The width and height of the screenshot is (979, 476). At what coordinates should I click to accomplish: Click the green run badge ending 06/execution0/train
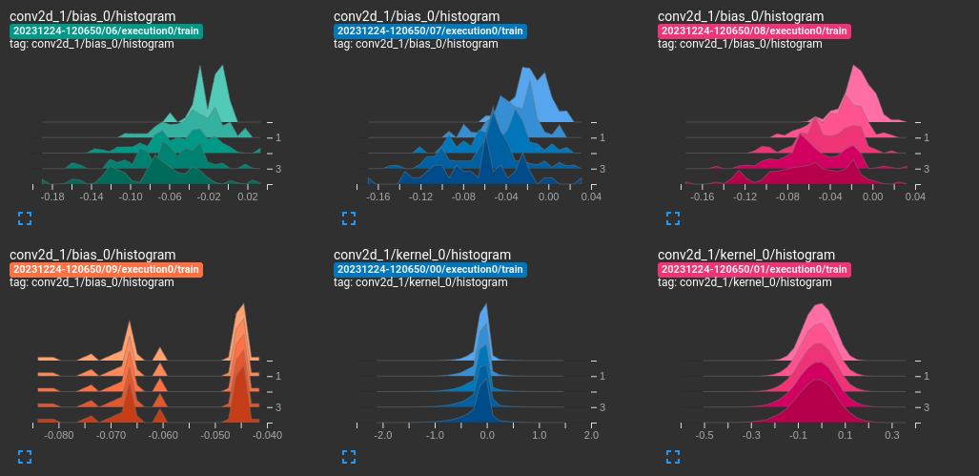pyautogui.click(x=106, y=31)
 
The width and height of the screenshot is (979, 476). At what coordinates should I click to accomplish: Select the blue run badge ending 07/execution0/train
pyautogui.click(x=430, y=31)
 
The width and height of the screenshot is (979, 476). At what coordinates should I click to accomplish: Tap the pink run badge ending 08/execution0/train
pyautogui.click(x=754, y=31)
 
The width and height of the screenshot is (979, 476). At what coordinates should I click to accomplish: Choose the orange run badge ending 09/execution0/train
pyautogui.click(x=106, y=270)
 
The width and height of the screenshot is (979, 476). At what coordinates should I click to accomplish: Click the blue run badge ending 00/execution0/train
pyautogui.click(x=430, y=270)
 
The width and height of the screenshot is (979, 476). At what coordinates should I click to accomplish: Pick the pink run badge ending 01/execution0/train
pyautogui.click(x=754, y=270)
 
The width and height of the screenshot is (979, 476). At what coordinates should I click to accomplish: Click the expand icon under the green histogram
pyautogui.click(x=25, y=218)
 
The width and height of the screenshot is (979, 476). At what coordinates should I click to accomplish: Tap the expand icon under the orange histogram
pyautogui.click(x=25, y=457)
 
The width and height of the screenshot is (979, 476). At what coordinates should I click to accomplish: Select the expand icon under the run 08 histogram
pyautogui.click(x=673, y=218)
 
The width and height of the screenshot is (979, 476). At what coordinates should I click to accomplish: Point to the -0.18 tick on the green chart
pyautogui.click(x=52, y=197)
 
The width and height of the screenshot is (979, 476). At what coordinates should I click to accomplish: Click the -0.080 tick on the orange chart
pyautogui.click(x=59, y=435)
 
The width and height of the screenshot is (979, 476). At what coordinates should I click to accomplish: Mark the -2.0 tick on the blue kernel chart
pyautogui.click(x=383, y=435)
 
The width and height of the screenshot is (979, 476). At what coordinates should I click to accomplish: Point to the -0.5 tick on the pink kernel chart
pyautogui.click(x=705, y=435)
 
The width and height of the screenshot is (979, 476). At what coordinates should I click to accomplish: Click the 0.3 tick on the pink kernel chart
pyautogui.click(x=891, y=435)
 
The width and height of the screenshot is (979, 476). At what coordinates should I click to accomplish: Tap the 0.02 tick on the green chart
pyautogui.click(x=248, y=197)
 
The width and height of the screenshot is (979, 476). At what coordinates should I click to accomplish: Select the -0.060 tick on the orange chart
pyautogui.click(x=164, y=435)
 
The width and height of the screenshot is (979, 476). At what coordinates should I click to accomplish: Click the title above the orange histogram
pyautogui.click(x=92, y=255)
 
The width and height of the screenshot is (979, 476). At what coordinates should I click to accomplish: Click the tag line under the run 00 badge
pyautogui.click(x=420, y=283)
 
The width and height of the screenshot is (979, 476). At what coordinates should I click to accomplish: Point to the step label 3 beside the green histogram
pyautogui.click(x=276, y=169)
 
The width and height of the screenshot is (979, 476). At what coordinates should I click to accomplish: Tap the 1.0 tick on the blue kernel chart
pyautogui.click(x=539, y=435)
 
